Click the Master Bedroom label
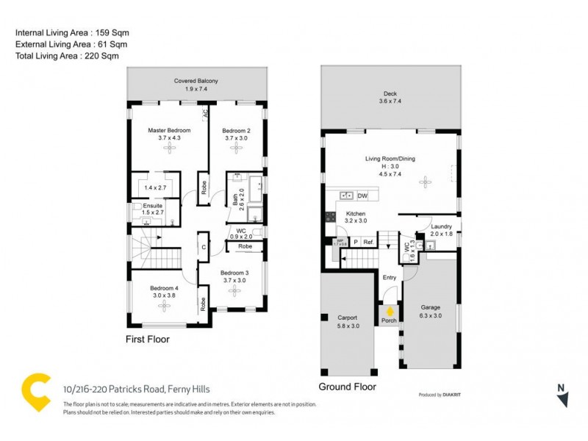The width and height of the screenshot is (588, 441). click(170, 130)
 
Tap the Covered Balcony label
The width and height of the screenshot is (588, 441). click(196, 81)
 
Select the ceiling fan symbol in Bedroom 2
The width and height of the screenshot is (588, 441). click(237, 148)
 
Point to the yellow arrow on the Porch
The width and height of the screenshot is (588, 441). click(390, 312)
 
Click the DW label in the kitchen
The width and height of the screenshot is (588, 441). click(362, 196)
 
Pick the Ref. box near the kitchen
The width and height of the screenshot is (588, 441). click(368, 242)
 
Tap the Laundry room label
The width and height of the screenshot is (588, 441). click(441, 226)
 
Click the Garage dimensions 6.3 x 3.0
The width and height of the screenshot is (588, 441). click(431, 316)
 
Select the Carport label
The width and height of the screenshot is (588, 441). click(347, 318)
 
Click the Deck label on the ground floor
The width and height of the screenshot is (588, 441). click(390, 93)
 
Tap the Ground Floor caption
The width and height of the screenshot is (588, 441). click(347, 387)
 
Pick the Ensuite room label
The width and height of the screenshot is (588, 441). click(153, 206)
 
